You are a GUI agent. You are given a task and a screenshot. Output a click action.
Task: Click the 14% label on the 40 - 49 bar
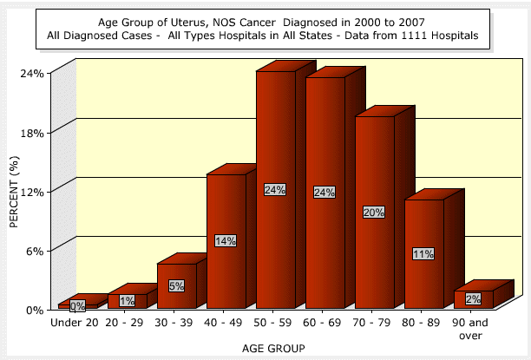click(226, 241)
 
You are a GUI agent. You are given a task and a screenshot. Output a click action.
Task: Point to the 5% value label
click(177, 285)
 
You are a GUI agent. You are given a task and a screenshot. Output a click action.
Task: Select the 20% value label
click(375, 213)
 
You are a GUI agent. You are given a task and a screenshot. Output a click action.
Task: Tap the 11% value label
click(424, 254)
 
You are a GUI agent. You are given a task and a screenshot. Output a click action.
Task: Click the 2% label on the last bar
click(474, 299)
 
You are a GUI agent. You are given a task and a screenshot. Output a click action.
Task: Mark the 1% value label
click(128, 301)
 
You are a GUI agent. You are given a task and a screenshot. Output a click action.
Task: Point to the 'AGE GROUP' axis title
click(275, 348)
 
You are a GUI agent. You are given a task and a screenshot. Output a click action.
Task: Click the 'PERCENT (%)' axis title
click(14, 191)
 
